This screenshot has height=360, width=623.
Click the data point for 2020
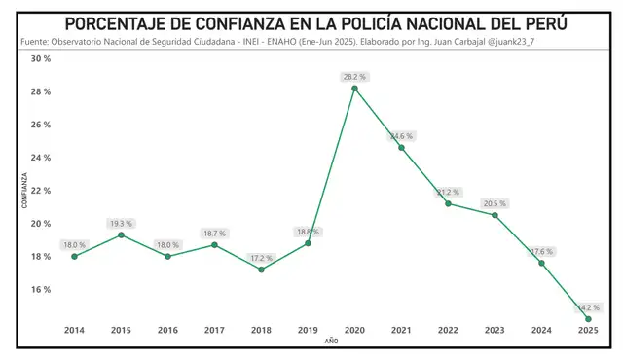coord(354,89)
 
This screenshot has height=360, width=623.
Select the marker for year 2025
coord(588,319)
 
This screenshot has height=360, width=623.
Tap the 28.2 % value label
coord(354,75)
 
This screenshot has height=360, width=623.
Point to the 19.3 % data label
coord(121,222)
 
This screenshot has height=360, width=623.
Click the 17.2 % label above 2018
coord(261,258)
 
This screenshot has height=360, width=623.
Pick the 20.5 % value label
coord(495,203)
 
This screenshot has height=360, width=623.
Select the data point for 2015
coord(121,234)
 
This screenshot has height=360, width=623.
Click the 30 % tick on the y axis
coord(41,59)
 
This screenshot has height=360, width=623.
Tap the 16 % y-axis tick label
coord(41,290)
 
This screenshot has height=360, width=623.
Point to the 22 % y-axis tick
coord(41,191)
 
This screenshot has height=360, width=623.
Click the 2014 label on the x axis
coord(74,331)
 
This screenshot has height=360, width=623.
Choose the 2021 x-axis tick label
coord(401,331)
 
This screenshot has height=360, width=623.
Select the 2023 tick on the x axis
coord(495,331)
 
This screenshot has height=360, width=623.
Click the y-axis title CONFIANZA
coord(25,190)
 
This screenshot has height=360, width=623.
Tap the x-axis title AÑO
coord(331,342)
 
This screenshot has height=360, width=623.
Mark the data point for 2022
coord(448,203)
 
